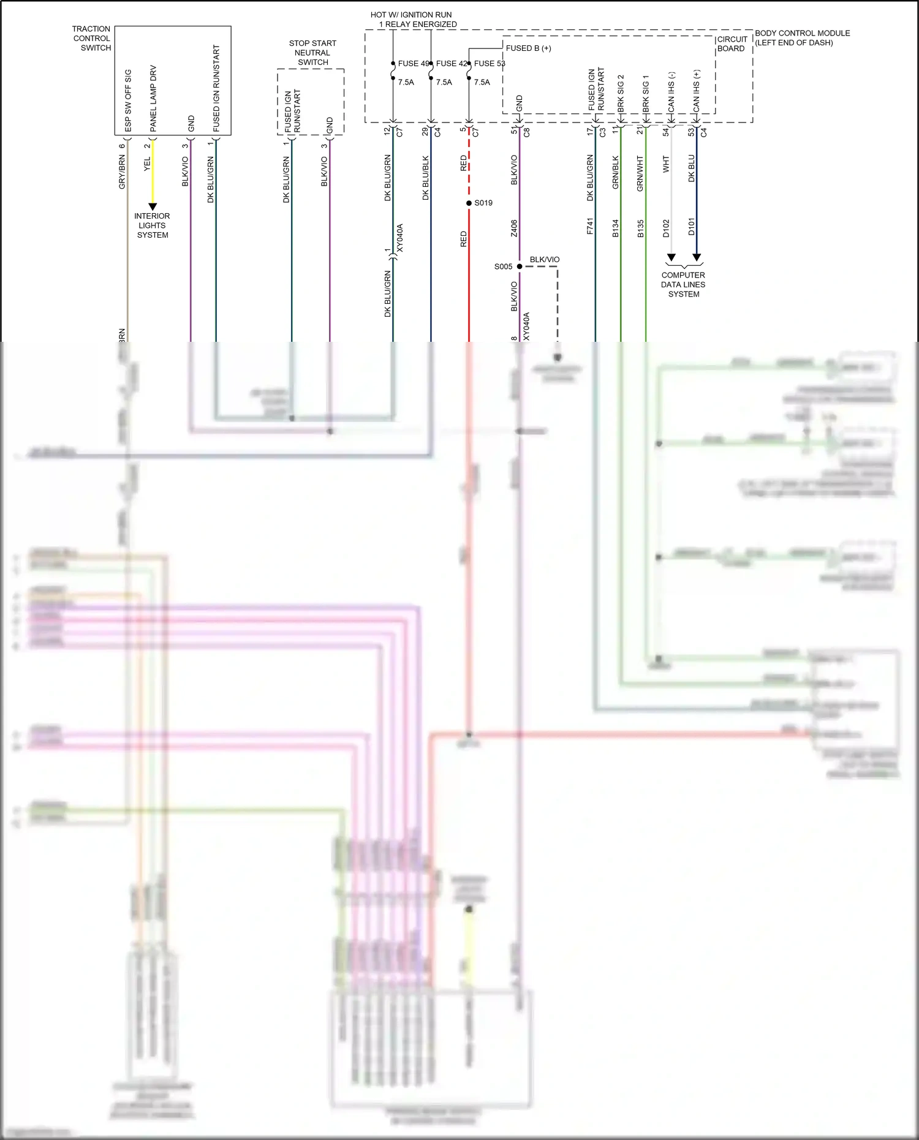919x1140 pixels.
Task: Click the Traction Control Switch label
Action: point(92,38)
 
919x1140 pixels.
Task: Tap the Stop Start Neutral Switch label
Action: point(312,53)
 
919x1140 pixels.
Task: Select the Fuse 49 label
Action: point(413,63)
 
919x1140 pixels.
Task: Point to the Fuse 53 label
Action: point(490,63)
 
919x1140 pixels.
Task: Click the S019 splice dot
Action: point(469,203)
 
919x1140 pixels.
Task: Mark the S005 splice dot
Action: point(520,266)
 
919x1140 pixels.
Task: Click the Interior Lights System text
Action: point(152,225)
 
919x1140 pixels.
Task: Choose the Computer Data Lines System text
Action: point(683,285)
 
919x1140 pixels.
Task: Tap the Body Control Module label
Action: point(802,37)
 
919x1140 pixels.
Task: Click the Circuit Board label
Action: point(732,43)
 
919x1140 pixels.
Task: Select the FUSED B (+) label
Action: point(528,48)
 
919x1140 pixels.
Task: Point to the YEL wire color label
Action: point(147,164)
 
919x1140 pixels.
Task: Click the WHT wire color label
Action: point(666,164)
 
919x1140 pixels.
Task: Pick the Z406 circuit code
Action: point(514,228)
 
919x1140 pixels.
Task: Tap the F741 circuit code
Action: point(590,226)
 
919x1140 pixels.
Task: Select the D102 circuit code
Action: point(666,227)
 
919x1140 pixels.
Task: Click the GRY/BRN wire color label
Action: point(122,172)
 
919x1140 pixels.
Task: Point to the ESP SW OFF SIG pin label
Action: point(128,100)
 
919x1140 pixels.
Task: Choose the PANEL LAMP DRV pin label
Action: point(153,99)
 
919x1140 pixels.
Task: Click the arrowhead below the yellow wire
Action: point(153,207)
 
